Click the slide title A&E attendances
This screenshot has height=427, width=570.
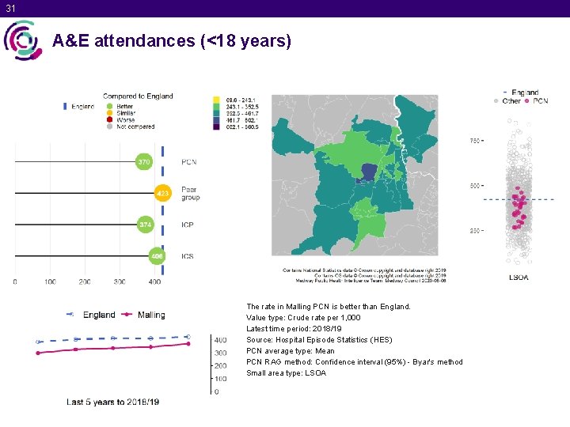coord(172,40)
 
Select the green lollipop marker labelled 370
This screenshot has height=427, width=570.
coord(143,162)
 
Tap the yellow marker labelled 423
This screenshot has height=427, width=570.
coord(162,193)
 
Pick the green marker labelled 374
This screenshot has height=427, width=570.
coord(145,225)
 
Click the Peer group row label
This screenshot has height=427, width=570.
coord(190,193)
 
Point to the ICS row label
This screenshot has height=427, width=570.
coord(188,255)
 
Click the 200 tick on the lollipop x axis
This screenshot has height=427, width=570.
coord(85,282)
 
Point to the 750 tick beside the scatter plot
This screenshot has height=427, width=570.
coord(475,141)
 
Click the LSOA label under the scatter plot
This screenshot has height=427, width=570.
coord(519,278)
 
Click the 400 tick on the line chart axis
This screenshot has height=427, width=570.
coord(221,340)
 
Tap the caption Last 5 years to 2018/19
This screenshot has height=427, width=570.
coord(112,402)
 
